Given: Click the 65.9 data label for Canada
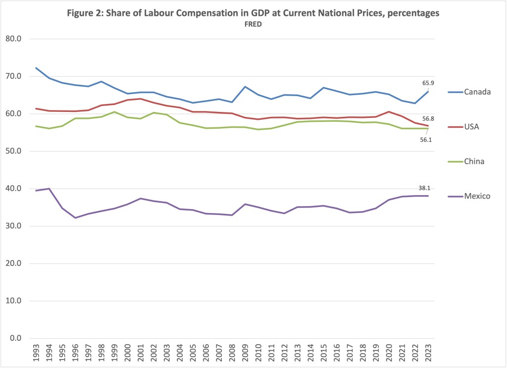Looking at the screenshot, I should click(428, 83).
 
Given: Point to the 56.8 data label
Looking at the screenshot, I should click(428, 118).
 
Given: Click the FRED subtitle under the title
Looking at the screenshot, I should click(253, 24).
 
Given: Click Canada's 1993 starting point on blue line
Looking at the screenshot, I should click(37, 68).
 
